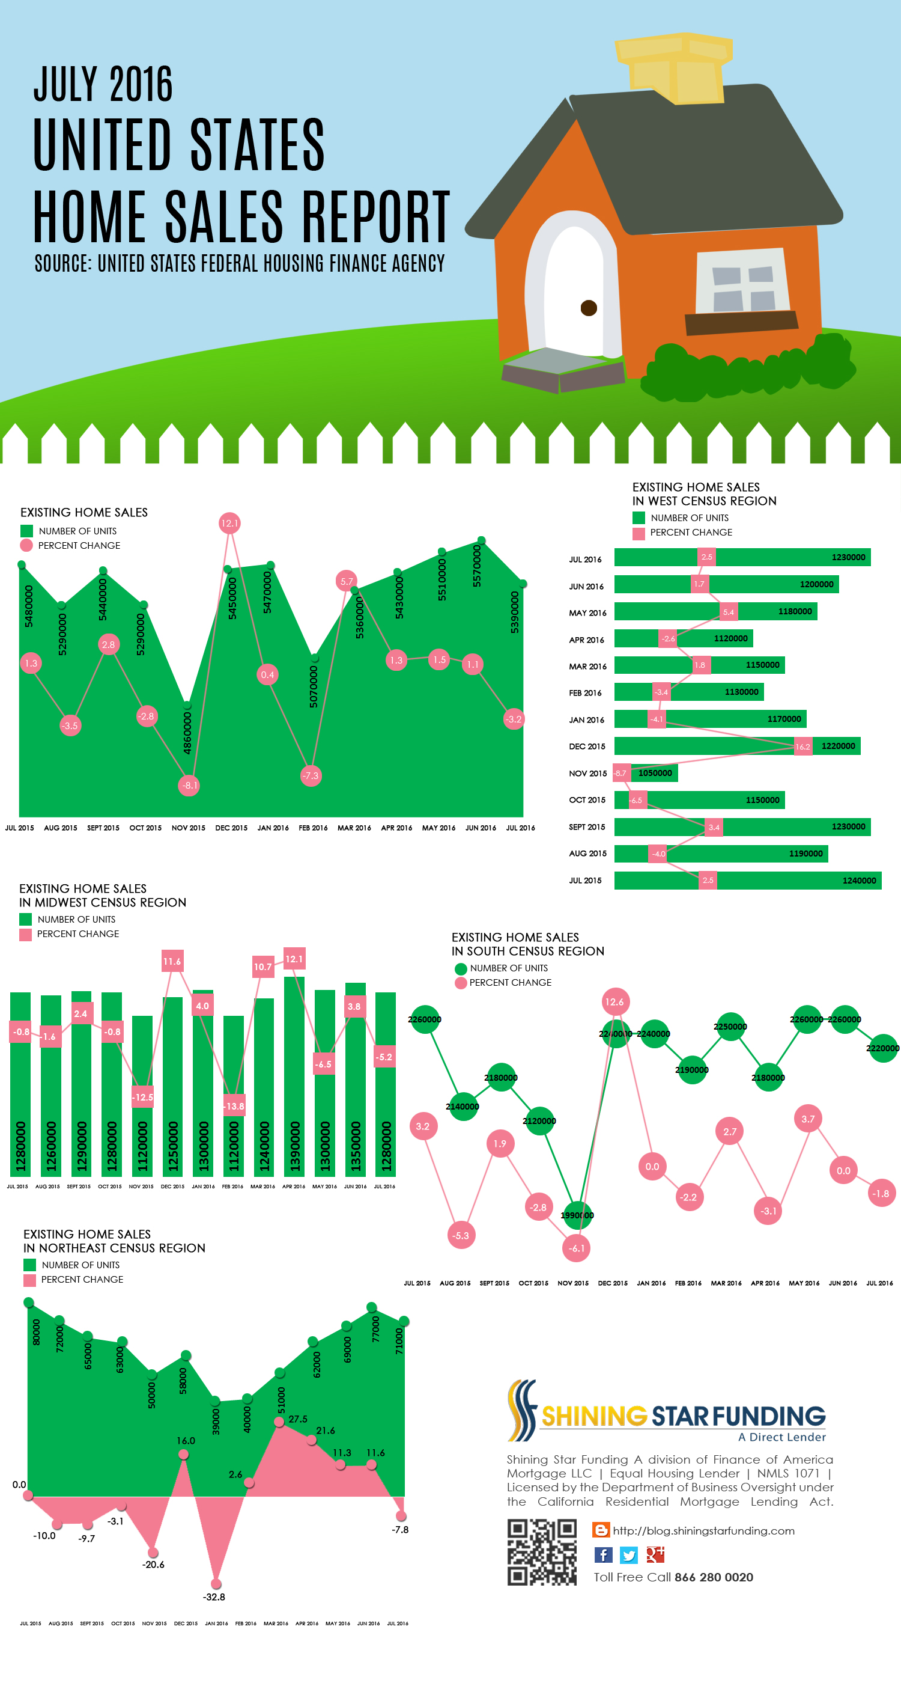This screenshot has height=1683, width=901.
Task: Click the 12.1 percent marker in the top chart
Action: [229, 523]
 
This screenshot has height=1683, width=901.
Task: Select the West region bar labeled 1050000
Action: [646, 773]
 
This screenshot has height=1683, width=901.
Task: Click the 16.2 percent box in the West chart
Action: [802, 746]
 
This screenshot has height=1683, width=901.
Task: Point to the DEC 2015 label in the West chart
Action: [587, 746]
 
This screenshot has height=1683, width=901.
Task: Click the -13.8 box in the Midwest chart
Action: [234, 1106]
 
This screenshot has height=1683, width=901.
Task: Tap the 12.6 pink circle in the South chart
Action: [614, 1001]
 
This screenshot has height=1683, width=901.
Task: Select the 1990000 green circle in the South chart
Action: [577, 1215]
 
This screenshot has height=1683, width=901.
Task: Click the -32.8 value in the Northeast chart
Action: [214, 1597]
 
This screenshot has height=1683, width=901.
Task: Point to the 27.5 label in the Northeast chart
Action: [298, 1419]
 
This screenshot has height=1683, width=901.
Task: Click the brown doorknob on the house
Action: [589, 308]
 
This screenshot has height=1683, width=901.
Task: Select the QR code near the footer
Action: [542, 1553]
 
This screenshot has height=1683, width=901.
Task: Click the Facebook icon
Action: [603, 1554]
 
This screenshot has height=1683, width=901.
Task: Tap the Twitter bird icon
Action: [629, 1554]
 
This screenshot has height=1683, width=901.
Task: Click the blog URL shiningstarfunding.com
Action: [703, 1531]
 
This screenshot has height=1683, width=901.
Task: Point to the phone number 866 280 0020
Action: [714, 1577]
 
